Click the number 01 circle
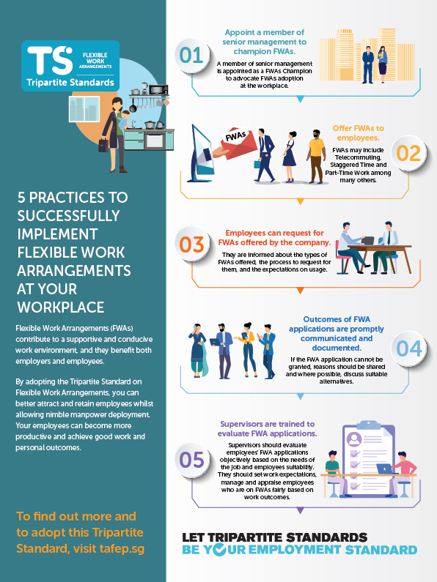[191, 56]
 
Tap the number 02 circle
[408, 153]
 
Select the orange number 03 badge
[192, 245]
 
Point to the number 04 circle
[408, 348]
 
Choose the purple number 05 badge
[192, 460]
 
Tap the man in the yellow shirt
[316, 156]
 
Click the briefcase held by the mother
[103, 145]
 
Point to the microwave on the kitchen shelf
[158, 89]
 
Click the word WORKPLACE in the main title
[61, 307]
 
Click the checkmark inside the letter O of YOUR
[219, 549]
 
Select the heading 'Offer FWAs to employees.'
[359, 133]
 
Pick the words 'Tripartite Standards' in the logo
[70, 83]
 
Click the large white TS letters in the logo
[50, 60]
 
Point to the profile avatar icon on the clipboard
[354, 439]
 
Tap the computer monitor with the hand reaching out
[202, 154]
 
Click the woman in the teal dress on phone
[198, 351]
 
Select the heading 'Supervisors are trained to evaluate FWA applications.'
[267, 429]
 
